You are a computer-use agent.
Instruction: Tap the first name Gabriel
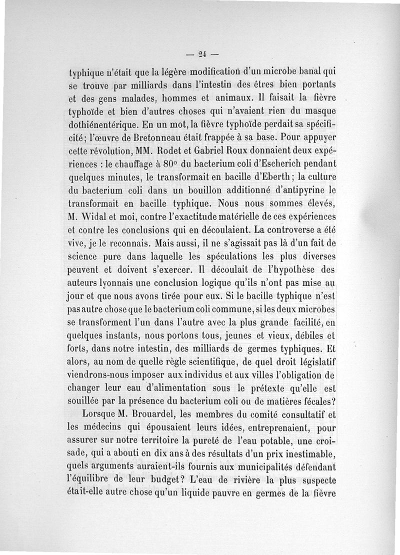click(210, 150)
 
